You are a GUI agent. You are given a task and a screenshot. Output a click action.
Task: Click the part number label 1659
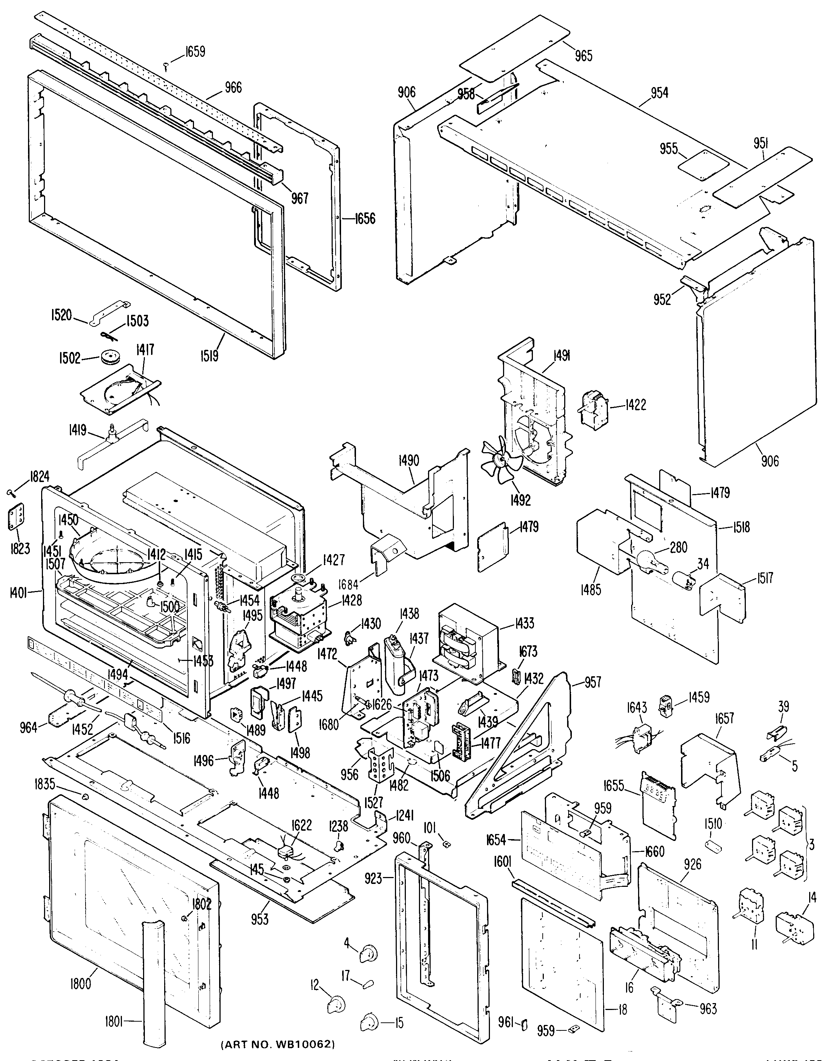[195, 51]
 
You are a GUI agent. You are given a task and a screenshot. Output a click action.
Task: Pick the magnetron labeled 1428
[298, 617]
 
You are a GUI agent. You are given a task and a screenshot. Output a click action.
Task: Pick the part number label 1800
[80, 984]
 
